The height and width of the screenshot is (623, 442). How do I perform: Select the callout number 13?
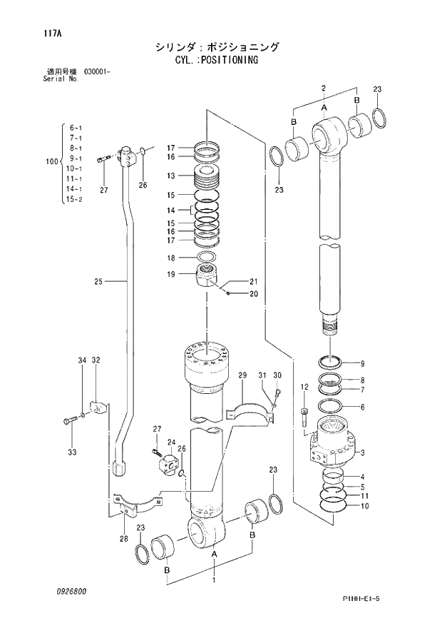click(x=171, y=176)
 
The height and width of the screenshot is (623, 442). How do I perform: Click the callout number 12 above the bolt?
click(x=304, y=387)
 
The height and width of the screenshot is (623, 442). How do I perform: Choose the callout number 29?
click(x=242, y=375)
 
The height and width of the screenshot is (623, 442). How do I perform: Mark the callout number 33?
click(x=71, y=452)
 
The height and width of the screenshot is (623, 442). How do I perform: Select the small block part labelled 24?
click(x=171, y=462)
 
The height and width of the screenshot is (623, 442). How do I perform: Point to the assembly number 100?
click(x=51, y=162)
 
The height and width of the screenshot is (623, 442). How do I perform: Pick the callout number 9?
click(x=362, y=363)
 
